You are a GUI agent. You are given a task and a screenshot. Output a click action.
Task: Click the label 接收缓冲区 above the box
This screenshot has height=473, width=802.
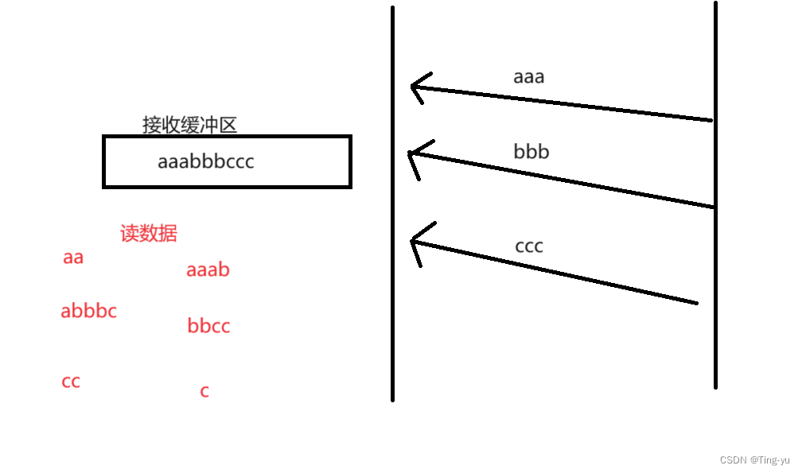[189, 125]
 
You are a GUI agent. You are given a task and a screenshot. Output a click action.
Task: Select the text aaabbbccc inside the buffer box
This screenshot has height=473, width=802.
[206, 161]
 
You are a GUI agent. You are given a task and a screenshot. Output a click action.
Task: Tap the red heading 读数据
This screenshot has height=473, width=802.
[149, 233]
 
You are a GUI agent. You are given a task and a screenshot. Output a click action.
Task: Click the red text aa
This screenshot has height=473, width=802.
[73, 258]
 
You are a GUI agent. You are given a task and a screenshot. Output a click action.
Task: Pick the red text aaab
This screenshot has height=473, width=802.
[208, 270]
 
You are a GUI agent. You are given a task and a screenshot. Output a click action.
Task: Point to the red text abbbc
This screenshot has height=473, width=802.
[88, 311]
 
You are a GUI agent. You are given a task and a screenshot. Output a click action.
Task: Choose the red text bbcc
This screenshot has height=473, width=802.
[208, 326]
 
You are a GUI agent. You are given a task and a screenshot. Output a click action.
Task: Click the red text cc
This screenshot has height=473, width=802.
[71, 382]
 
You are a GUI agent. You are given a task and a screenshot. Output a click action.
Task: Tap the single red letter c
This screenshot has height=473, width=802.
[204, 391]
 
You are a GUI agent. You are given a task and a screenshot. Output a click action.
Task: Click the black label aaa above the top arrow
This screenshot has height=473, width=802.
[528, 77]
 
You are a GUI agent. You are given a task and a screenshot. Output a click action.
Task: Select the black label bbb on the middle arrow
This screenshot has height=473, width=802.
[531, 151]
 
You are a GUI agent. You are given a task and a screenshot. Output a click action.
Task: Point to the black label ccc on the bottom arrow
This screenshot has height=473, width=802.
[529, 246]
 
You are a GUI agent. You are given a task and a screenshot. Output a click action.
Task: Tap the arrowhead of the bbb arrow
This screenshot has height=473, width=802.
[411, 153]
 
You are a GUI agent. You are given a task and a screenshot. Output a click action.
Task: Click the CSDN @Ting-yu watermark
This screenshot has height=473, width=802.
[754, 460]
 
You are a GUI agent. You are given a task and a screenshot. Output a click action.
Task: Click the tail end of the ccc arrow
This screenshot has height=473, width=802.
[695, 302]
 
